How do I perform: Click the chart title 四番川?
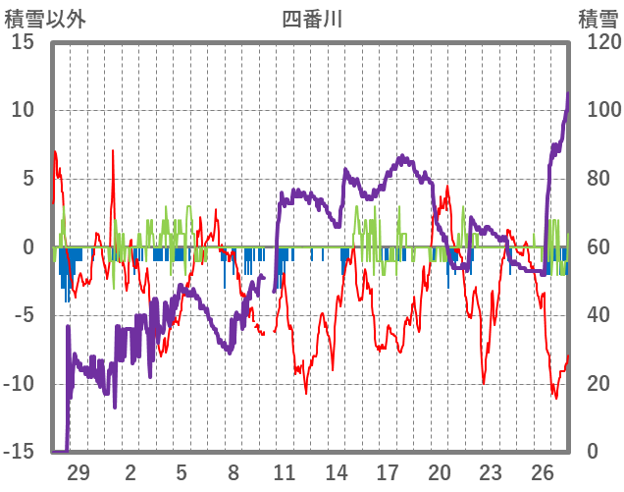pyautogui.click(x=312, y=19)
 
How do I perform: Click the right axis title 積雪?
pyautogui.click(x=598, y=19)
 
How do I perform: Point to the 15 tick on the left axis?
pyautogui.click(x=24, y=42)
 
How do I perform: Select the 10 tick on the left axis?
pyautogui.click(x=24, y=110)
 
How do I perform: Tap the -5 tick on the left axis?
pyautogui.click(x=24, y=315)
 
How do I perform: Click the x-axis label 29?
pyautogui.click(x=78, y=471)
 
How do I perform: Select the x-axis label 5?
pyautogui.click(x=182, y=471)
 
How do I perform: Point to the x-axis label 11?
pyautogui.click(x=285, y=471)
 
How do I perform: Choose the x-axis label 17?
pyautogui.click(x=388, y=471)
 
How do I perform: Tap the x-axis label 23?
pyautogui.click(x=491, y=471)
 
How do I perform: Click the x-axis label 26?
pyautogui.click(x=543, y=471)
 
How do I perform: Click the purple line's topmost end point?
pyautogui.click(x=568, y=93)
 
